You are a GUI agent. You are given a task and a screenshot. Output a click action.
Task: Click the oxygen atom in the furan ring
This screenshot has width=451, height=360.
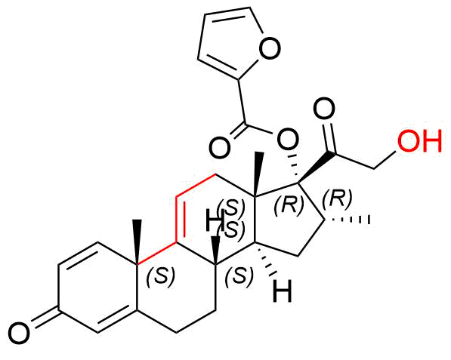270,48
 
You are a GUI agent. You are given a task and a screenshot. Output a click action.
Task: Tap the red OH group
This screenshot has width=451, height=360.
419,140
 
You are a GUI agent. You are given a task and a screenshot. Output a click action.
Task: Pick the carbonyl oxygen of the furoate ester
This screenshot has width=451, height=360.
220,148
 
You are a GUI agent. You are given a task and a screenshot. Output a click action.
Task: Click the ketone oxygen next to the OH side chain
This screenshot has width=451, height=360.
324,109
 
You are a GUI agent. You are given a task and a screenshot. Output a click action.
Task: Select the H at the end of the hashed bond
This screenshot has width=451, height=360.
283,291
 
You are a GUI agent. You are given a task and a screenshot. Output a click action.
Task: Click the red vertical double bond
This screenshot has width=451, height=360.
180,220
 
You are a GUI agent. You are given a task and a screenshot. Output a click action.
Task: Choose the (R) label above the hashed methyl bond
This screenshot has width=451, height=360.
337,198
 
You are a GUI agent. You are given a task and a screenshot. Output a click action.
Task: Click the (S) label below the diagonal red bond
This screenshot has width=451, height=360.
160,275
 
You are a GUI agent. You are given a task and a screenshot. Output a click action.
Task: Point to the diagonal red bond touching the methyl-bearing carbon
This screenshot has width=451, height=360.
156,254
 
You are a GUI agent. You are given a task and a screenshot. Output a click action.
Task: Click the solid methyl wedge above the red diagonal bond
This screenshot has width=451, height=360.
137,242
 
